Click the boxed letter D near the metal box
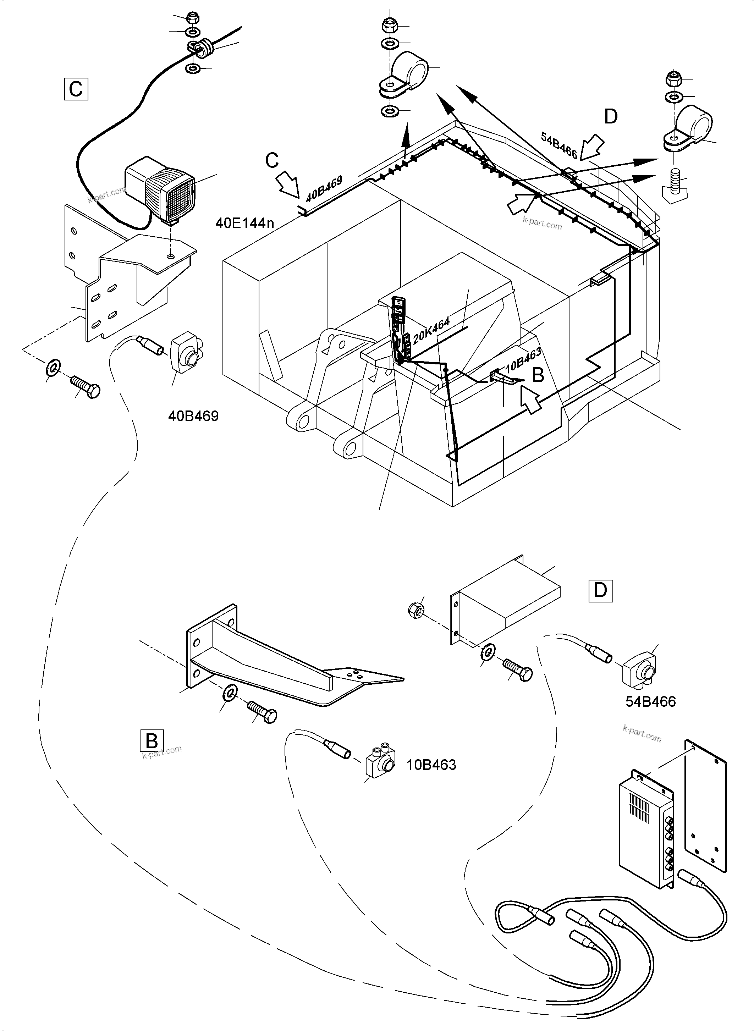point(600,591)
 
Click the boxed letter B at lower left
point(151,741)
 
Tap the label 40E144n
point(244,223)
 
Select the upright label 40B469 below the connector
point(193,416)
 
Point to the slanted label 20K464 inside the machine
point(431,330)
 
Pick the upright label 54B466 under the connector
point(650,701)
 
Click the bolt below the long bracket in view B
point(262,712)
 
